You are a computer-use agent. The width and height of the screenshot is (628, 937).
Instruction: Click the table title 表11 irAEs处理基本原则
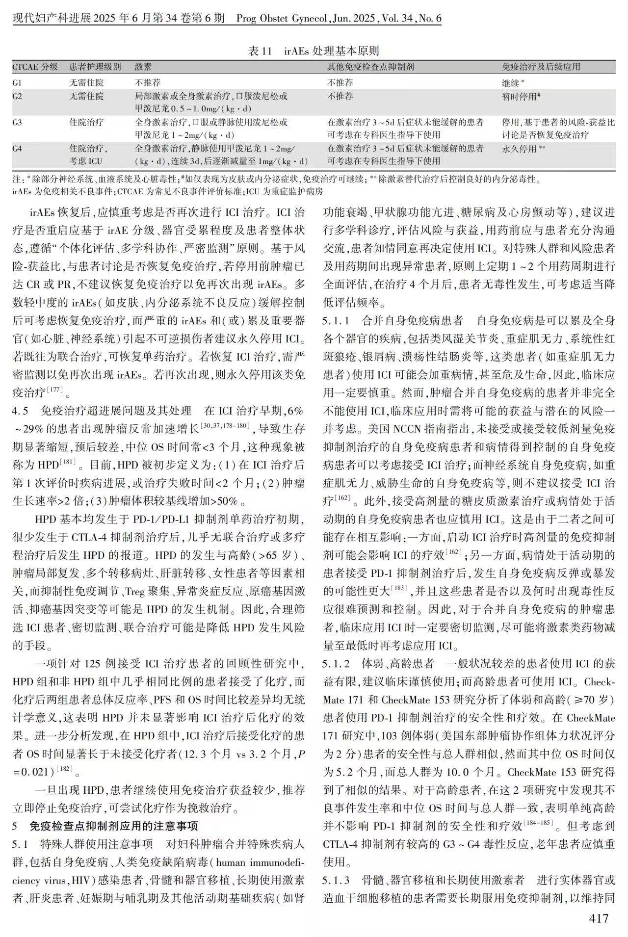314,51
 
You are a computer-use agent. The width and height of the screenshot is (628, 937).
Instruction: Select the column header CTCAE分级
35,67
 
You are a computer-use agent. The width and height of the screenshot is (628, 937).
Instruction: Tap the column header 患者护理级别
95,67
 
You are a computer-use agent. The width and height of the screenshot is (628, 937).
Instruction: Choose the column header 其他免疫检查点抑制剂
370,67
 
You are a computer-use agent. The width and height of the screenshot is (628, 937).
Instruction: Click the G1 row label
17,83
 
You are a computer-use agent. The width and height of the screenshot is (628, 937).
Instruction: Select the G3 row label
17,122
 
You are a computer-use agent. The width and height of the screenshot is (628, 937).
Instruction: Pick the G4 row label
17,148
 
